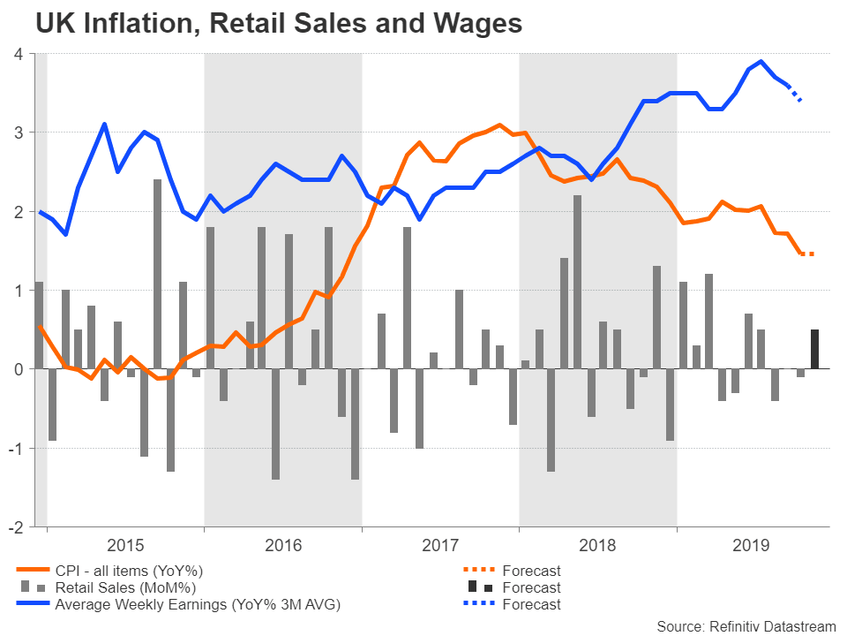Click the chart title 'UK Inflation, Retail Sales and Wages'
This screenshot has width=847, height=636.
279,24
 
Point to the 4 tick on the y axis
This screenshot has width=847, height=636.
18,54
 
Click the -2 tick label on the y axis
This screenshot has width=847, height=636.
15,526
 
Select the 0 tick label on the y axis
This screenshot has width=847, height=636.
18,369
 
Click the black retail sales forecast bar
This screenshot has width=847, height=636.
814,350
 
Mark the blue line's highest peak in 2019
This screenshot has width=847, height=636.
761,62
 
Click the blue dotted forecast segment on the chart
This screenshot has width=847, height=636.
794,94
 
